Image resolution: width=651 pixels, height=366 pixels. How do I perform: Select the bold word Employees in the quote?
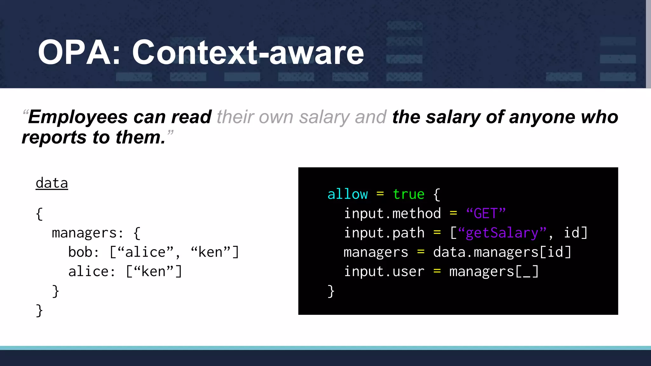point(78,117)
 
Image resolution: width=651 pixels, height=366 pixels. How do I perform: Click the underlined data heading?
point(52,183)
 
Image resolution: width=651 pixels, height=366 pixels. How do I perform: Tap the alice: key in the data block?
point(92,272)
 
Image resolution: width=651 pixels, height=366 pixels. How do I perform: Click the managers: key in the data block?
point(87,233)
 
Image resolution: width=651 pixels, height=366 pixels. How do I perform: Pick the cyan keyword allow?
point(347,194)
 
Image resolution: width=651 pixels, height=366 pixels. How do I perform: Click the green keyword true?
point(409,194)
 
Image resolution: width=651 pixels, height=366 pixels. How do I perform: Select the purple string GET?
point(485,213)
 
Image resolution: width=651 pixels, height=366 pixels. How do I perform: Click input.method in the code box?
point(392,213)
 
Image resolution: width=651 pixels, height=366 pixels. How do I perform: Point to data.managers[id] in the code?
point(502,252)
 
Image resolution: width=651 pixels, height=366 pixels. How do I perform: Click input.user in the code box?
point(384,272)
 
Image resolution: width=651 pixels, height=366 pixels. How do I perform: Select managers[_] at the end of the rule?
point(494,272)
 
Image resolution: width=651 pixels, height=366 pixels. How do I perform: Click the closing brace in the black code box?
point(331,291)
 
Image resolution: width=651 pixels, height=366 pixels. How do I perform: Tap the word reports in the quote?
point(54,137)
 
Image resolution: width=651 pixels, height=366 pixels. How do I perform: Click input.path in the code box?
point(384,233)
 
